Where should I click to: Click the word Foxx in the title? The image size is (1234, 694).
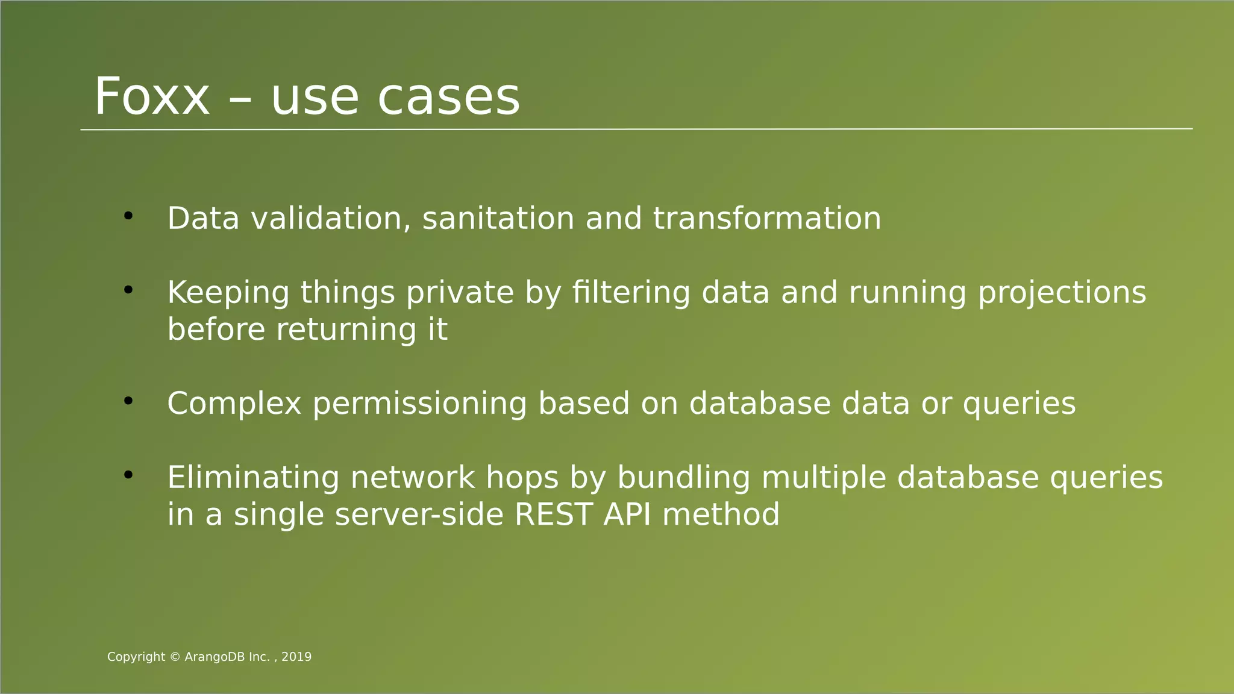[x=152, y=97]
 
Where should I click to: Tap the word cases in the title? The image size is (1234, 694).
[x=448, y=98]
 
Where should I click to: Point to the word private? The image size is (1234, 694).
[x=460, y=293]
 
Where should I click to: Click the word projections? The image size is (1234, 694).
[x=1062, y=293]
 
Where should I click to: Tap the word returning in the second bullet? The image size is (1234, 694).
[x=346, y=330]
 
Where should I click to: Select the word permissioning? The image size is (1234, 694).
[x=419, y=404]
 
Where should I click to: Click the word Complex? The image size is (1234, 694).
[x=234, y=404]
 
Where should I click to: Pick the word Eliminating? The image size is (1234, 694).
[x=253, y=478]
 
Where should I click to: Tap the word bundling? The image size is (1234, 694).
[x=683, y=478]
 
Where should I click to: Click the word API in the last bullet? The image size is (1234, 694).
[x=627, y=514]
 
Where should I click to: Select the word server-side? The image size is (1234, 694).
[x=419, y=514]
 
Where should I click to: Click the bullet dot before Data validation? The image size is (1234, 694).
[x=128, y=216]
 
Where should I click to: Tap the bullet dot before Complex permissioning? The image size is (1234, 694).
[x=128, y=401]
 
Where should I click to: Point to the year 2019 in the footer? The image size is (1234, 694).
[x=296, y=657]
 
